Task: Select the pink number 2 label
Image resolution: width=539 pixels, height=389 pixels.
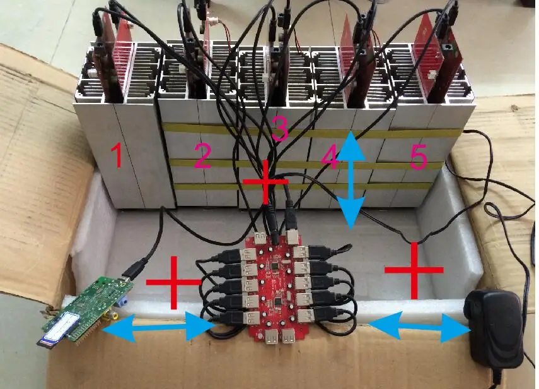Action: tap(202, 157)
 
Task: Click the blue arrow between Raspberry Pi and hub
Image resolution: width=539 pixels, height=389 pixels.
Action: tap(158, 328)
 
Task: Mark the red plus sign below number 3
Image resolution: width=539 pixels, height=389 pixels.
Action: tap(266, 182)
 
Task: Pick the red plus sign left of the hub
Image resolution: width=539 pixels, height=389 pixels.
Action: tap(173, 282)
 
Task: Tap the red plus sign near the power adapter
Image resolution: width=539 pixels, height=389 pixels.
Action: tap(414, 270)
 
